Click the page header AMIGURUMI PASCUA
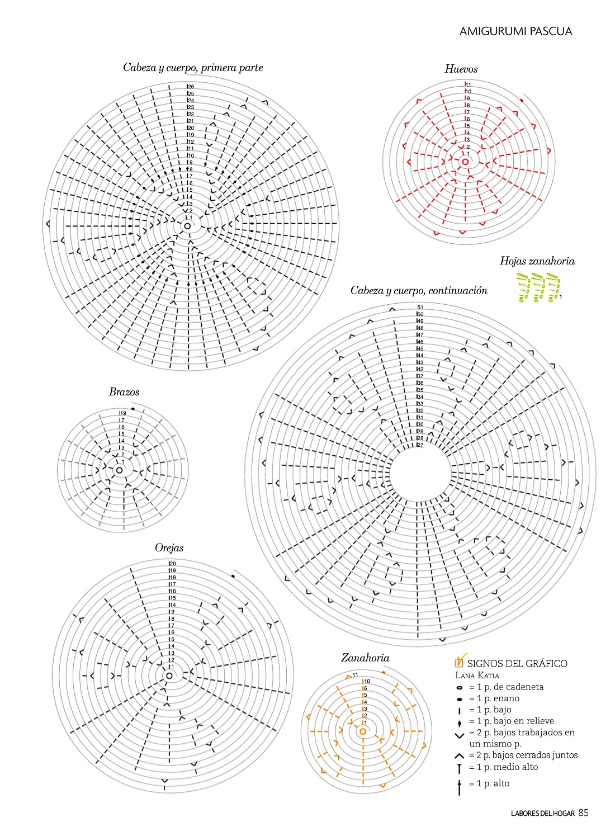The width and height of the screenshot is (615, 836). click(515, 31)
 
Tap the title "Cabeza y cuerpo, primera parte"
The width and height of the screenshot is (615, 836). click(193, 68)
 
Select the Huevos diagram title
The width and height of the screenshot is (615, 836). click(461, 69)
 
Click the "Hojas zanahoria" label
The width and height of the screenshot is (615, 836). click(537, 261)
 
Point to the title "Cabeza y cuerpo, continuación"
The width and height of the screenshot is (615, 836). click(419, 291)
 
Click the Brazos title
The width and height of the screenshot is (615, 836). click(124, 392)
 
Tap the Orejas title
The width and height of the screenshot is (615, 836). click(169, 548)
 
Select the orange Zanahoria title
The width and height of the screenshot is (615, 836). click(365, 658)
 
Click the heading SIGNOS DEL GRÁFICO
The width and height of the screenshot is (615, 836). click(517, 664)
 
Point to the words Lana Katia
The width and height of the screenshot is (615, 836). click(477, 676)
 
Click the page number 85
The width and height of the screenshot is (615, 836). click(584, 813)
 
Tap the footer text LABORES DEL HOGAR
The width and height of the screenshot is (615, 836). click(542, 814)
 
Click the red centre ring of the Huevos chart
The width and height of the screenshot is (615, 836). click(465, 162)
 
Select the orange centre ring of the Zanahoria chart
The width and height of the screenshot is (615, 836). click(362, 731)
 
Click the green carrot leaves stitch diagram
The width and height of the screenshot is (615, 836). click(538, 287)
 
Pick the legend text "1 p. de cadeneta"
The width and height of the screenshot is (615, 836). click(506, 687)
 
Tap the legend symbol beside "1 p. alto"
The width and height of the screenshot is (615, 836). click(460, 786)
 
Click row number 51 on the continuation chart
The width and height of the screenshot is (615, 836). click(420, 308)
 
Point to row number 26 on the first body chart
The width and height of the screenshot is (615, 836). click(191, 87)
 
